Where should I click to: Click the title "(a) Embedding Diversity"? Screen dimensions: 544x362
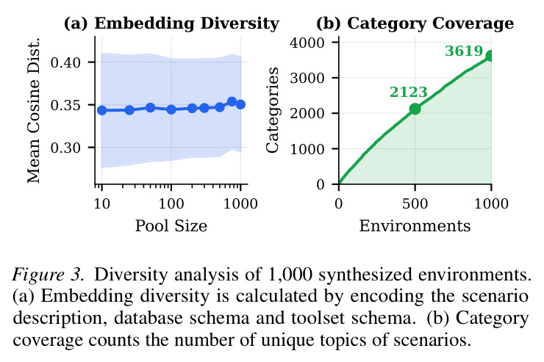(x=171, y=23)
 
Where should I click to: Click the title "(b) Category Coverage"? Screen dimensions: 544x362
(x=415, y=23)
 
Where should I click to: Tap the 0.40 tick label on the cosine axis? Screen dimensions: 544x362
(x=65, y=62)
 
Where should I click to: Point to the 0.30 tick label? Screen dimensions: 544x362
(x=65, y=148)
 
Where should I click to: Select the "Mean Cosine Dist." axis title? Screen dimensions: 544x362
(x=34, y=110)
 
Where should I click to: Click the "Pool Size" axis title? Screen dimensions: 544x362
(x=171, y=226)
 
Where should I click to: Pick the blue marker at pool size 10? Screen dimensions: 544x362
(x=101, y=110)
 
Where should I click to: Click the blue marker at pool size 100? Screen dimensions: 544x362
(x=171, y=109)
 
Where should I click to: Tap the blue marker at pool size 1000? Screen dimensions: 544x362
(x=240, y=104)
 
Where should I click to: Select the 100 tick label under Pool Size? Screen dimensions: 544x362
(x=171, y=203)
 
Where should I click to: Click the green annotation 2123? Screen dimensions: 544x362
(x=408, y=92)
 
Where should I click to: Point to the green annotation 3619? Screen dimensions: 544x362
(x=464, y=51)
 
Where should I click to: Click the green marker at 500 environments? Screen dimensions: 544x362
(x=415, y=109)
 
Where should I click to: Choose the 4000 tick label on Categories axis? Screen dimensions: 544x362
(x=307, y=43)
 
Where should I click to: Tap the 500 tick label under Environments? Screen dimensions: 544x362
(x=415, y=203)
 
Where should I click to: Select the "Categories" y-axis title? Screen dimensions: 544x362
(x=273, y=110)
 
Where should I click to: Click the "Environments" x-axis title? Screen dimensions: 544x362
(x=415, y=226)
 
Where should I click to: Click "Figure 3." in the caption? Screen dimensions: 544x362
(x=48, y=275)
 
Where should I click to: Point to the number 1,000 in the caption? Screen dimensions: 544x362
(x=290, y=275)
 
